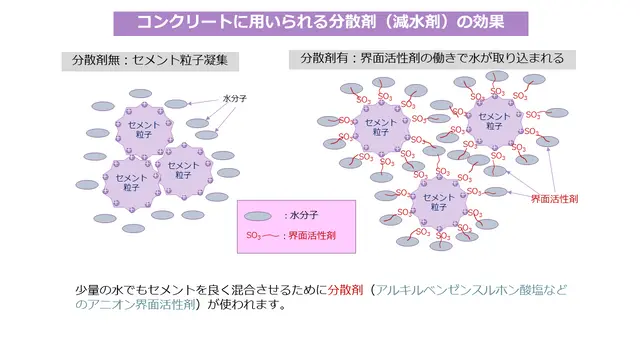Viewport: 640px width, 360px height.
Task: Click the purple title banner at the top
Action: pyautogui.click(x=321, y=23)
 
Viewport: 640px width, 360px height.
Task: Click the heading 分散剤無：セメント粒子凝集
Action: pyautogui.click(x=150, y=61)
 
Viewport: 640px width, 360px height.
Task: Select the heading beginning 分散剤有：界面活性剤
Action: pyautogui.click(x=432, y=59)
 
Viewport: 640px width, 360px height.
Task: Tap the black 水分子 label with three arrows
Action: pyautogui.click(x=235, y=99)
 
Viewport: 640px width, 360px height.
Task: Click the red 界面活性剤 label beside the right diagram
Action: pyautogui.click(x=554, y=199)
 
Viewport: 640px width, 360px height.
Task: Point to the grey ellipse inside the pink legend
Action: pyautogui.click(x=258, y=216)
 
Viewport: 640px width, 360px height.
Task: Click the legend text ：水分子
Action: pyautogui.click(x=301, y=216)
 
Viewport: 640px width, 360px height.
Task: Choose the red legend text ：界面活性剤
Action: pyautogui.click(x=309, y=236)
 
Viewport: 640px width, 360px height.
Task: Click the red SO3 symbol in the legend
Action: pyautogui.click(x=253, y=236)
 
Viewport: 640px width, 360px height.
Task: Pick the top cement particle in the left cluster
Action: pyautogui.click(x=144, y=130)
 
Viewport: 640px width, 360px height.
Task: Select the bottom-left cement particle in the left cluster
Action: pyautogui.click(x=131, y=183)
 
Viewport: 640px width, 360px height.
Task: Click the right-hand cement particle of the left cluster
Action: pyautogui.click(x=184, y=171)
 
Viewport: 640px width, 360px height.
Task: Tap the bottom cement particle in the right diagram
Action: pyautogui.click(x=439, y=202)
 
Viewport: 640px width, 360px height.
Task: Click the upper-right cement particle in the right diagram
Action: pyautogui.click(x=494, y=122)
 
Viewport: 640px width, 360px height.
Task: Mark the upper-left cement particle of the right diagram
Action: pyautogui.click(x=381, y=127)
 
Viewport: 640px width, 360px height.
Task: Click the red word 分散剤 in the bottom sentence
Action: pyautogui.click(x=345, y=290)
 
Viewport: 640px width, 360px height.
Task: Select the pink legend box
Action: pyautogui.click(x=296, y=227)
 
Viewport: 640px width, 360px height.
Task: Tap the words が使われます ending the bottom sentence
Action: pyautogui.click(x=242, y=304)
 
